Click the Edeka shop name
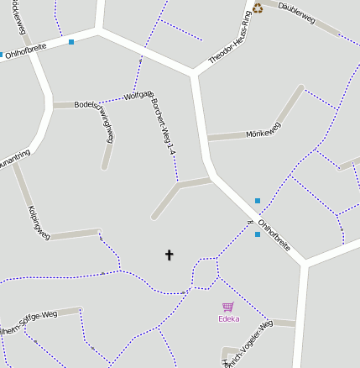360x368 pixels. [x=228, y=318]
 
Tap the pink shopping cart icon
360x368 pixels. [x=227, y=308]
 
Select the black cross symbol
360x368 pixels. [x=169, y=254]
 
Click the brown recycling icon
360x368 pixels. [x=258, y=8]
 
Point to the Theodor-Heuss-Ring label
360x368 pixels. [x=230, y=39]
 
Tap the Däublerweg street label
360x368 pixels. [x=295, y=16]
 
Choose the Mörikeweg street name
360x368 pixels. [x=263, y=130]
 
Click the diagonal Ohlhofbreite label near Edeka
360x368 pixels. [x=274, y=238]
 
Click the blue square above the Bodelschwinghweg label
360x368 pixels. [x=71, y=41]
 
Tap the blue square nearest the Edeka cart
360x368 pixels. [x=257, y=234]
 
